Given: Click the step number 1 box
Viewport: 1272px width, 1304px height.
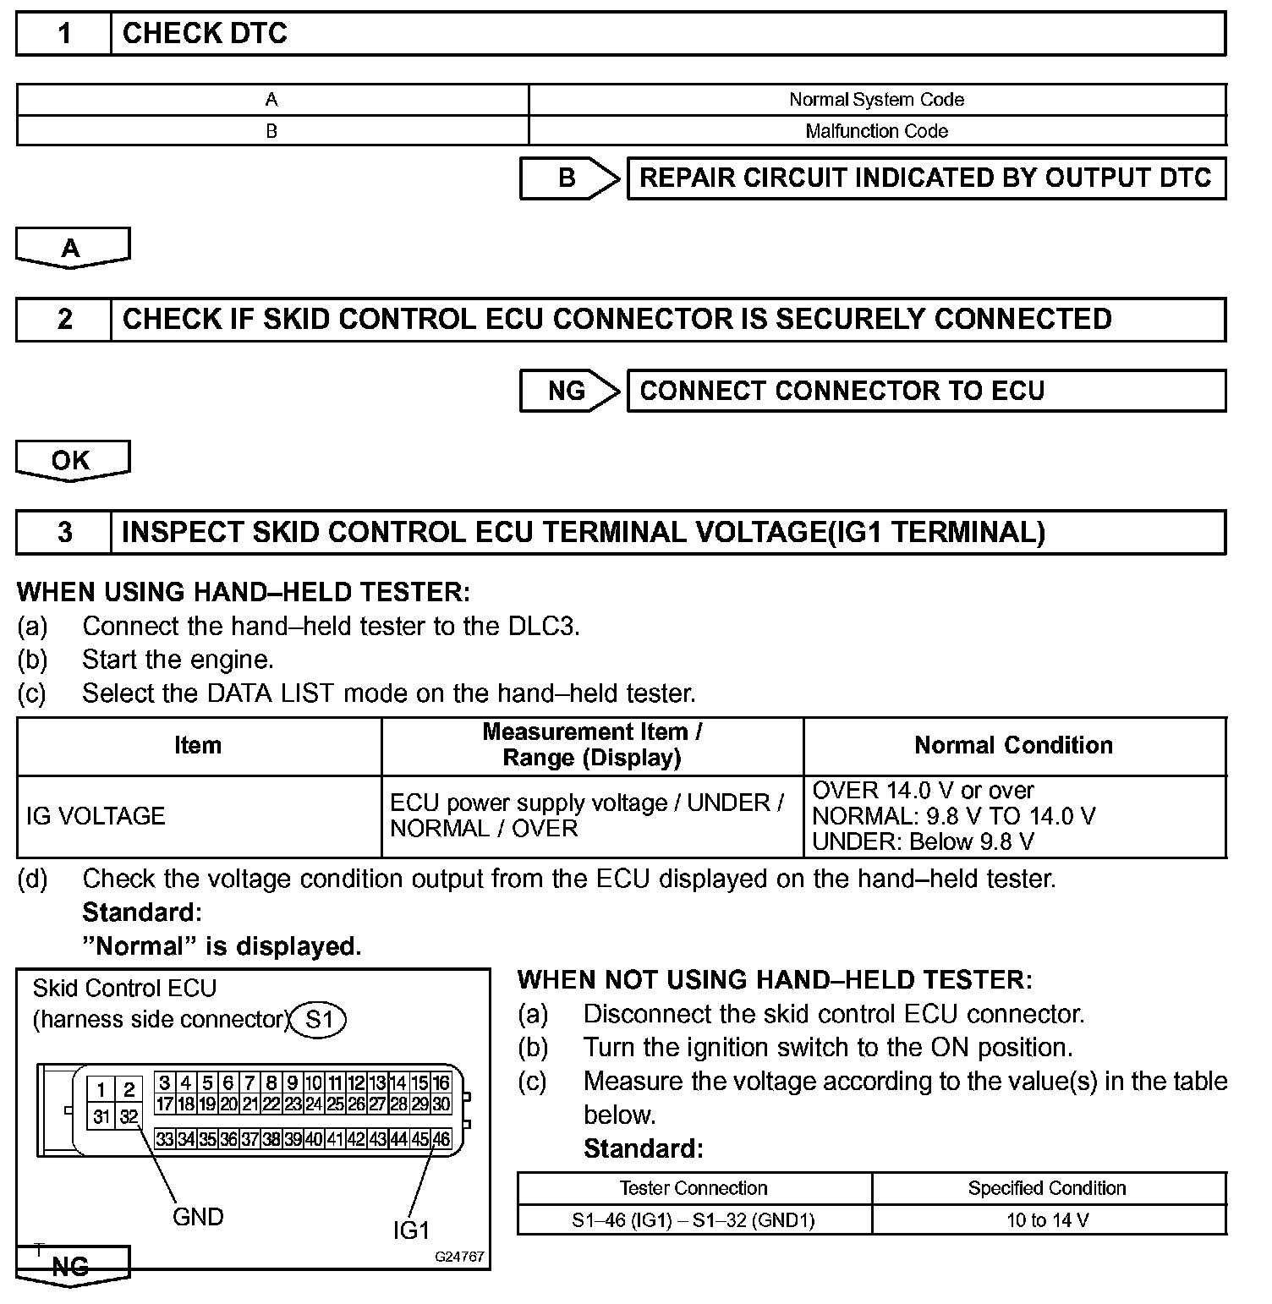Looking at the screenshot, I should click(x=64, y=34).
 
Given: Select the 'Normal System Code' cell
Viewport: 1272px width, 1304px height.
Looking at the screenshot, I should click(x=876, y=100).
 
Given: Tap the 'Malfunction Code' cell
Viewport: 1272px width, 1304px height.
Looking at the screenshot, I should click(x=876, y=131).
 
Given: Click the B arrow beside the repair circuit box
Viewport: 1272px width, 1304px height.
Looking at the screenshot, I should click(x=569, y=178).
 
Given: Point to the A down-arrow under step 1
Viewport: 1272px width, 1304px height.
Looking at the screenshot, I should click(x=73, y=248).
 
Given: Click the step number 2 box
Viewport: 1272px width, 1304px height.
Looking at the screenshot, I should click(x=64, y=320).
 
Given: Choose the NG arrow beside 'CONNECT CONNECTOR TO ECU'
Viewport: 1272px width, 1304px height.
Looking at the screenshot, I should click(x=569, y=391).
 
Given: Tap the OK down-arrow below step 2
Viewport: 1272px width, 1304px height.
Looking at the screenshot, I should click(x=73, y=461).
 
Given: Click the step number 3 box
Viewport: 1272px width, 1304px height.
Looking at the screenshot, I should click(x=64, y=533).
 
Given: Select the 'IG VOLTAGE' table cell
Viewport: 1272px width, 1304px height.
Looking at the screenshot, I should click(x=199, y=817).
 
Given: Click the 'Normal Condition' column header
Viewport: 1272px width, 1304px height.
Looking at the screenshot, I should click(x=1013, y=746).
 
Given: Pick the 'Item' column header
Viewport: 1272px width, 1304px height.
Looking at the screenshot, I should click(x=199, y=746).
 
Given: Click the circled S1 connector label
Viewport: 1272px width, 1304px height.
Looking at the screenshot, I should click(x=319, y=1020).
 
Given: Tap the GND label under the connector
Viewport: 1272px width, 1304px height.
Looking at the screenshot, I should click(x=198, y=1218).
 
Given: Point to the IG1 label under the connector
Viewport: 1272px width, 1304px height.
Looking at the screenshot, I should click(x=412, y=1231).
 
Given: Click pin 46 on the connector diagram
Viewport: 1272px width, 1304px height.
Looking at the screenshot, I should click(x=441, y=1139).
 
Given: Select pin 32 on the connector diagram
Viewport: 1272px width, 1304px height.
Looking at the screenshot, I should click(x=129, y=1117).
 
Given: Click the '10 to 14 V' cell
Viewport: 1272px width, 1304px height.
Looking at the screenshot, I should click(x=1048, y=1220).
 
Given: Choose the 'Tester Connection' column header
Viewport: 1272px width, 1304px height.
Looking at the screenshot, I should click(x=694, y=1188).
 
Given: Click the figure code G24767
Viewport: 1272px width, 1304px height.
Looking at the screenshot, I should click(x=459, y=1257).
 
